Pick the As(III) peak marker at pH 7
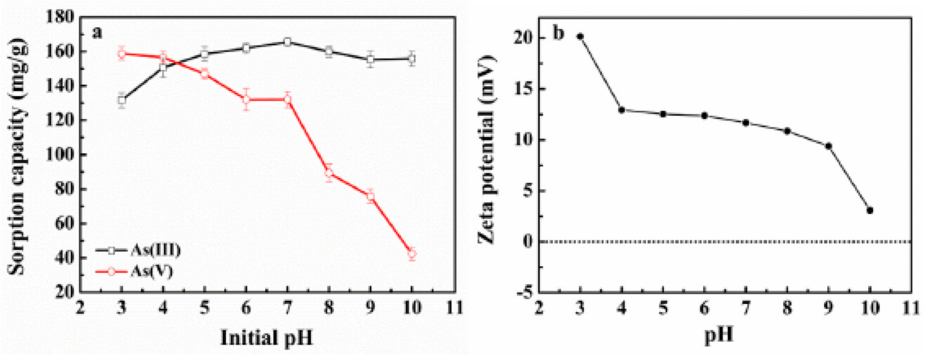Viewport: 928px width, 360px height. (x=287, y=42)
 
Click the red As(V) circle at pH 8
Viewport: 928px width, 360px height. (x=328, y=173)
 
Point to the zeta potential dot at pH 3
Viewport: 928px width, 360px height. (x=580, y=36)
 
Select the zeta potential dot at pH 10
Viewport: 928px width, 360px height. (x=870, y=210)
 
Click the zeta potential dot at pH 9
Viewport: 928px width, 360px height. (x=828, y=146)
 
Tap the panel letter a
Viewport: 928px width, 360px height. (x=97, y=33)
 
